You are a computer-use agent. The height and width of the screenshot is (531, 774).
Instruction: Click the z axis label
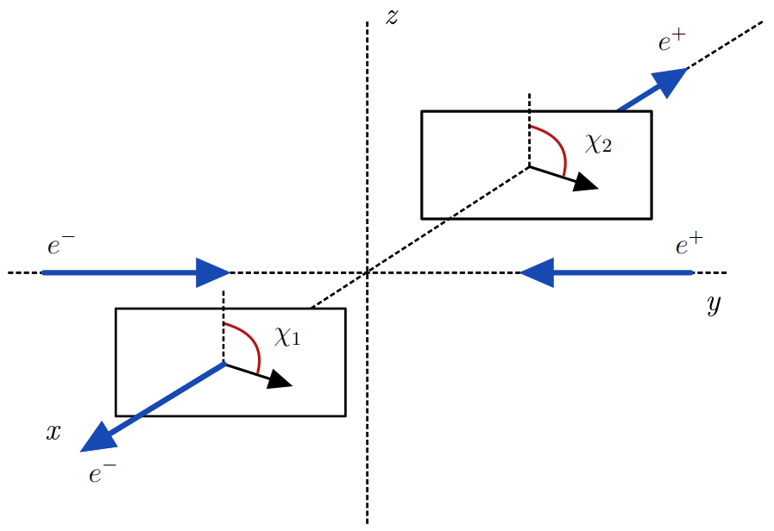(392, 16)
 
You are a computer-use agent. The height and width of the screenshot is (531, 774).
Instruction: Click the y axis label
(713, 305)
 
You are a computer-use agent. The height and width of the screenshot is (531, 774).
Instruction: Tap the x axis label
(53, 433)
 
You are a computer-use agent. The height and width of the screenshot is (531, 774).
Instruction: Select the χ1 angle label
(287, 336)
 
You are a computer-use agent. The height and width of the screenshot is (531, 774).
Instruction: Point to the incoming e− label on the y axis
(61, 247)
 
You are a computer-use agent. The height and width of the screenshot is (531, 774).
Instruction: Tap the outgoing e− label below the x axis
(103, 473)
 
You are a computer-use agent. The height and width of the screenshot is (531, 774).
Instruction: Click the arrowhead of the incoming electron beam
(212, 272)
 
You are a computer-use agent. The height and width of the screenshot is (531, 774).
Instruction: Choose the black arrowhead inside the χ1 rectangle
(280, 379)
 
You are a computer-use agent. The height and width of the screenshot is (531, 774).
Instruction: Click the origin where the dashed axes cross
(368, 272)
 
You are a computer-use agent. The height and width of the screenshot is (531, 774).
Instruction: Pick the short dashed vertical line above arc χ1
(223, 307)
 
